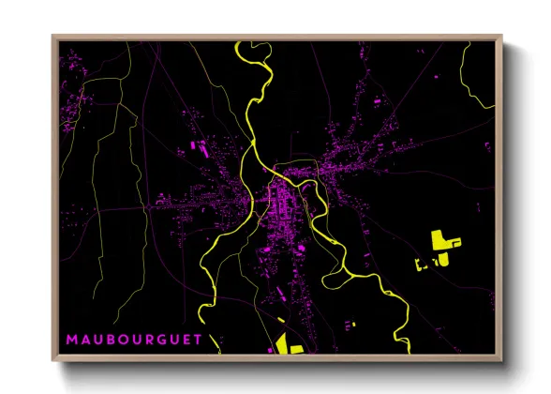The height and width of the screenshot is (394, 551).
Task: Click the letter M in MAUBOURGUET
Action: pyautogui.click(x=71, y=338)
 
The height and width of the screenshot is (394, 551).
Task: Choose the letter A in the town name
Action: pyautogui.click(x=87, y=338)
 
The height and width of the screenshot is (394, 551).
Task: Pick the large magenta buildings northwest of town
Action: pyautogui.click(x=199, y=145)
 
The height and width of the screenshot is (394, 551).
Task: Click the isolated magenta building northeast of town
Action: pyautogui.click(x=379, y=99)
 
